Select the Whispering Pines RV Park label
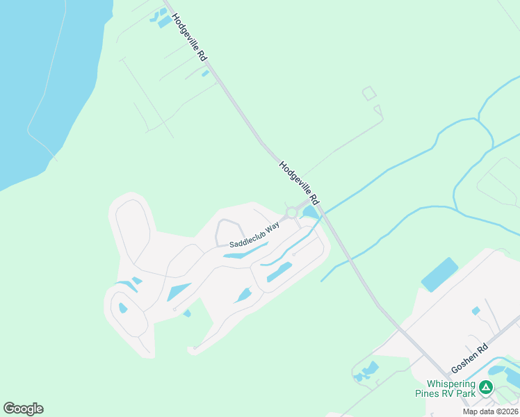pyautogui.click(x=450, y=389)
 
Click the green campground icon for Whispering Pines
pyautogui.click(x=487, y=388)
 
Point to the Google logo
pyautogui.click(x=23, y=409)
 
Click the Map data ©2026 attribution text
pyautogui.click(x=489, y=411)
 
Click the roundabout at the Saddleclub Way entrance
pyautogui.click(x=291, y=212)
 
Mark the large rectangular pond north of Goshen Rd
pyautogui.click(x=439, y=275)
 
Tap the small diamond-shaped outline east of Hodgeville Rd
pyautogui.click(x=369, y=93)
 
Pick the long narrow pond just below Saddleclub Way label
pyautogui.click(x=245, y=252)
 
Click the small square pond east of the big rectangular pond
pyautogui.click(x=476, y=311)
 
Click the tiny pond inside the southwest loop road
pyautogui.click(x=123, y=308)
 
